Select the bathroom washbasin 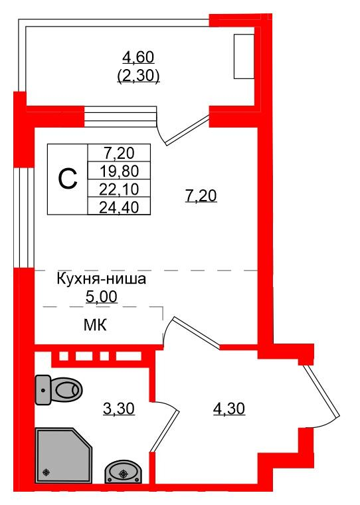tap(122, 472)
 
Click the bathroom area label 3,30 tap(119, 409)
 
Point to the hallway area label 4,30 tap(228, 409)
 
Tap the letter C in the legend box tap(67, 178)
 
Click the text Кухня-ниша tap(100, 280)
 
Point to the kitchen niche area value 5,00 tap(101, 296)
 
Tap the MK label tap(97, 326)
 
